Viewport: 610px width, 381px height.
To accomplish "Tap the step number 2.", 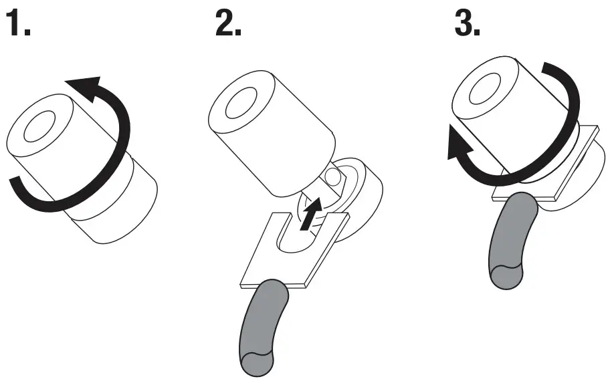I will point(228,25).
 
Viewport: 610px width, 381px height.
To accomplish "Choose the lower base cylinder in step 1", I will point(117,214).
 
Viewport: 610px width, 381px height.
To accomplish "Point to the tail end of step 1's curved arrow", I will point(20,184).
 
